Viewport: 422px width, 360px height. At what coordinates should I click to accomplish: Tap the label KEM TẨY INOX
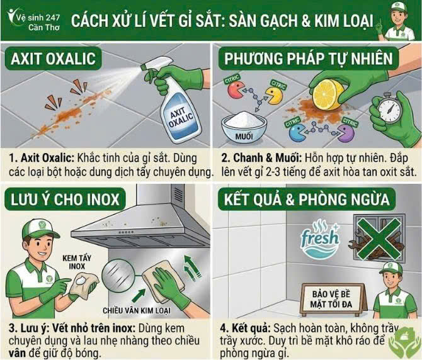pyautogui.click(x=76, y=262)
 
